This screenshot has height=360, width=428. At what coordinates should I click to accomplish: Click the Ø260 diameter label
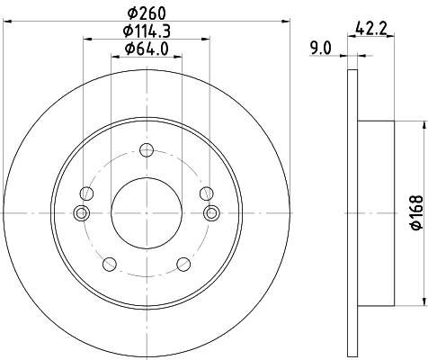[x=147, y=13]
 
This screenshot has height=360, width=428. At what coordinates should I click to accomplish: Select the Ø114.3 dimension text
[x=147, y=31]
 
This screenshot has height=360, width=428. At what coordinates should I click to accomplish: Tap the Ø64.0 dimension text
[x=147, y=49]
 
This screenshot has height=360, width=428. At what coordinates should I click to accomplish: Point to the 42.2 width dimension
[x=371, y=29]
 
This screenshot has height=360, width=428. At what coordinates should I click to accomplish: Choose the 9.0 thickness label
[x=321, y=48]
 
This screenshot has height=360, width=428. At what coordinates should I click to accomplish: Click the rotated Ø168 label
[x=416, y=212]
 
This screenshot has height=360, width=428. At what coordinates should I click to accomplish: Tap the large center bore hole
[x=147, y=213]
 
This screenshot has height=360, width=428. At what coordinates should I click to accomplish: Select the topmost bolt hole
[x=147, y=149]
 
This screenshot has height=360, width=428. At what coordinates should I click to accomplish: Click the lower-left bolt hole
[x=110, y=265]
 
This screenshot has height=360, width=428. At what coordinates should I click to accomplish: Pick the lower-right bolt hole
[x=183, y=265]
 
